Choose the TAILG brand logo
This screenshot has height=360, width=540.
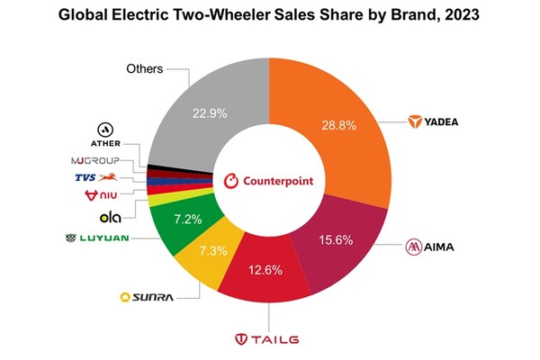point(271,339)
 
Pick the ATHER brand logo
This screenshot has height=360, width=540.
point(107,135)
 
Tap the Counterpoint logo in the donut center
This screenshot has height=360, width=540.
point(267,180)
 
